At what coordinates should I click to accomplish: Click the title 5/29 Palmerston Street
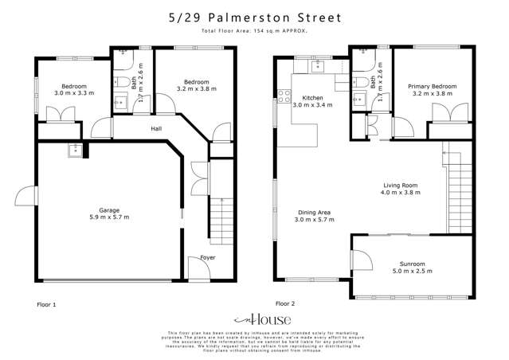254,16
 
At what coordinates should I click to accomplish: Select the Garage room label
108,209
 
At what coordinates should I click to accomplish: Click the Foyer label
208,257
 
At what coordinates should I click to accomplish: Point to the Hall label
158,127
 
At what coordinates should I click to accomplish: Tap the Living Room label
399,186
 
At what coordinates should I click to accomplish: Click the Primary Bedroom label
433,86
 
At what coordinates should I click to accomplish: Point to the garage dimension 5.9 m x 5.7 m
108,217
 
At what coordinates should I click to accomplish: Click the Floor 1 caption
47,304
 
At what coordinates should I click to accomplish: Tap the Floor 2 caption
285,303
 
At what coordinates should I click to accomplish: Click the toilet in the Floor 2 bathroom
358,83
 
